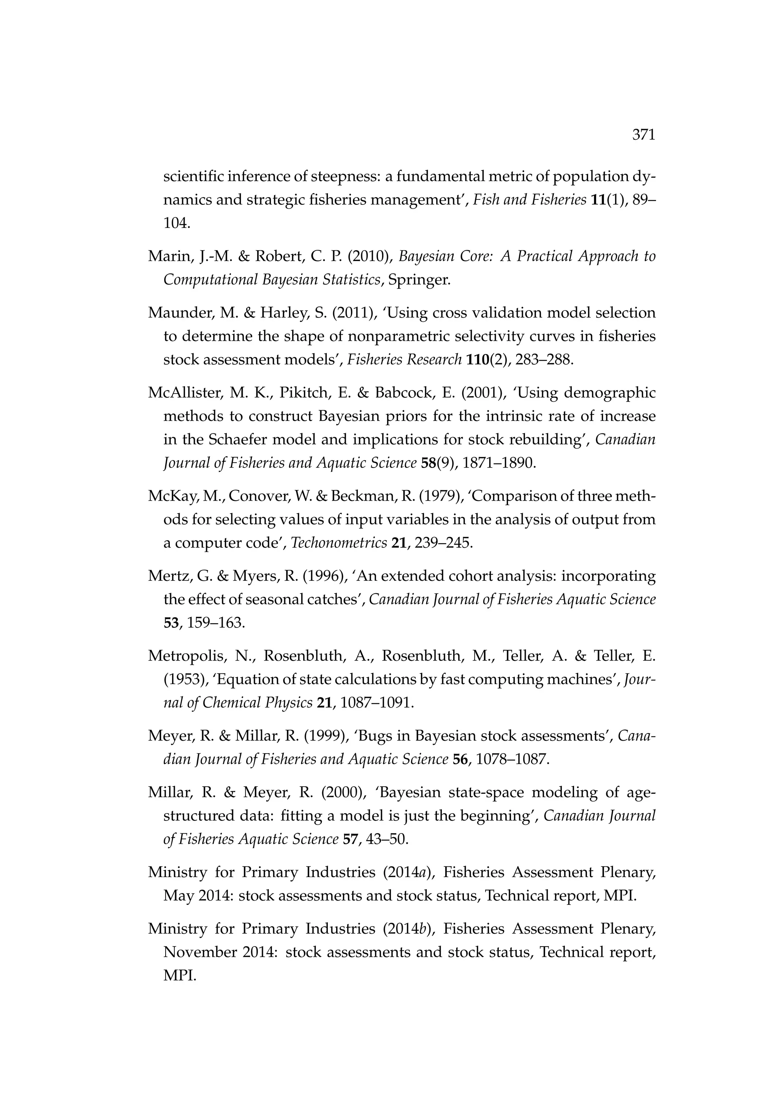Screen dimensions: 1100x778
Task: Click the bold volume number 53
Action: point(171,623)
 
